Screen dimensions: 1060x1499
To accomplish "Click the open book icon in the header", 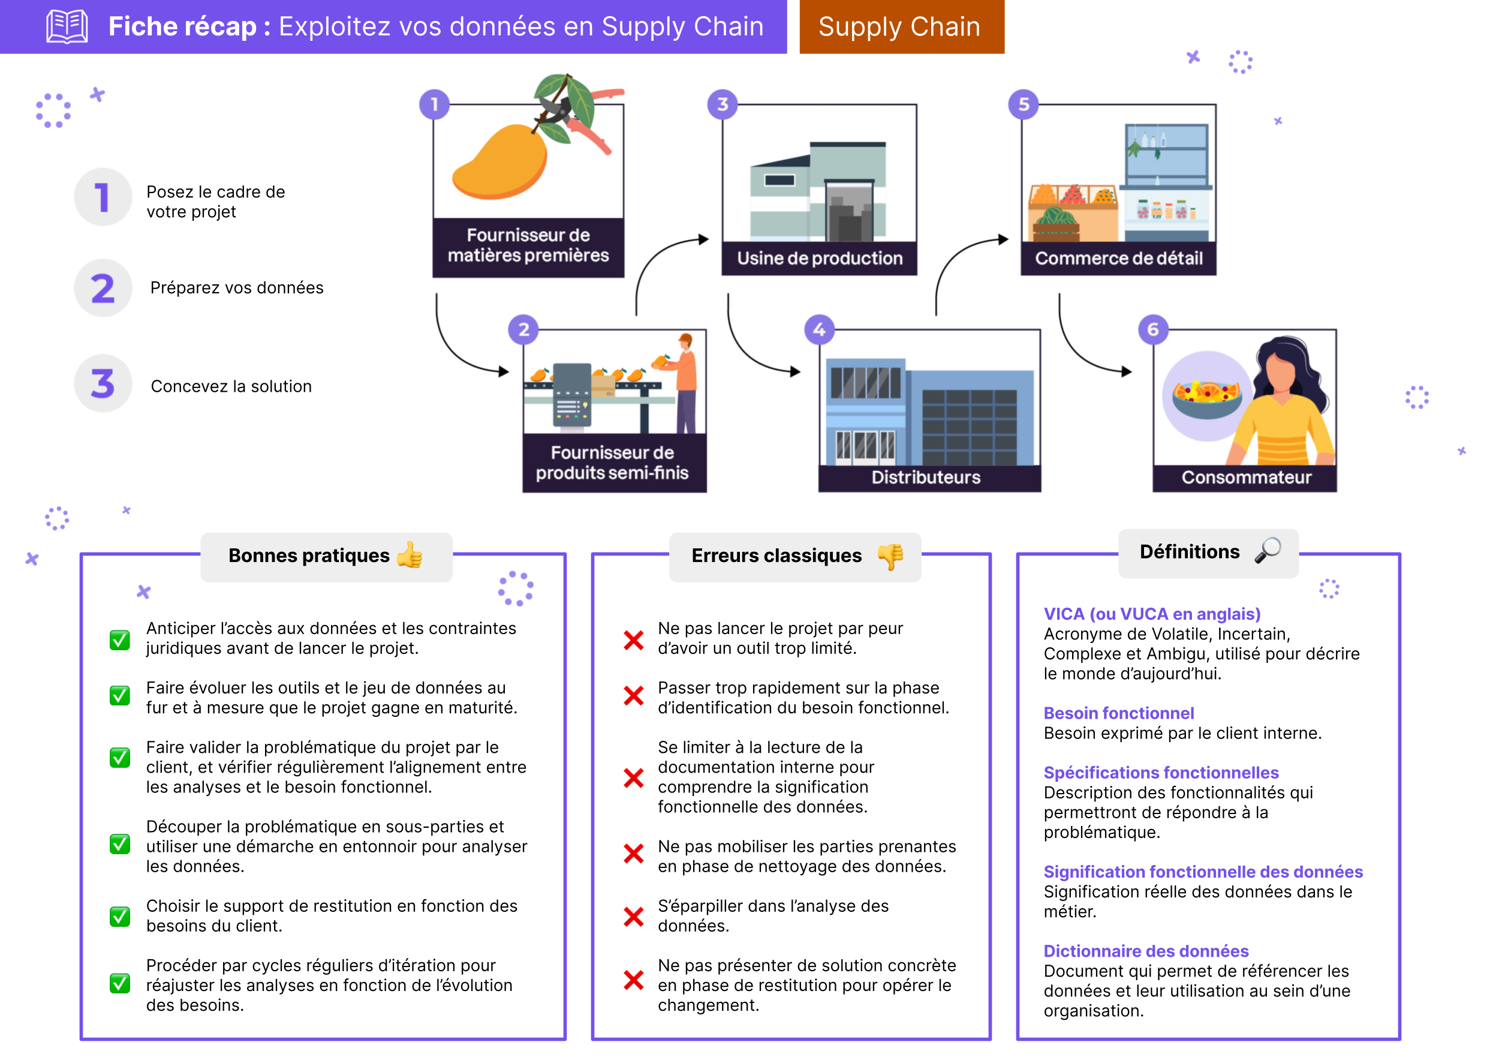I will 67,26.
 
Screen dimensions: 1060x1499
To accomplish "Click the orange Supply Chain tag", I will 901,27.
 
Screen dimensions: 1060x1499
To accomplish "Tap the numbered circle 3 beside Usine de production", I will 722,104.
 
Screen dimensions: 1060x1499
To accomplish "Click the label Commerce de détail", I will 1118,259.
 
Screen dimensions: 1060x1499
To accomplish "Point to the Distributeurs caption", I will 926,478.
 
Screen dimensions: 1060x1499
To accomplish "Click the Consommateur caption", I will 1246,478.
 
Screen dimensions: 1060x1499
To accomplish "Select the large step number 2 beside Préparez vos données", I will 103,288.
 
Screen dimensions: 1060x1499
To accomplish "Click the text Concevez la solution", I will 231,387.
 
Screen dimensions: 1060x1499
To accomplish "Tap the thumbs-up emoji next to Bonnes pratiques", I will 410,556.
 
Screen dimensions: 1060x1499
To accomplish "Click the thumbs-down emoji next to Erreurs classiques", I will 890,556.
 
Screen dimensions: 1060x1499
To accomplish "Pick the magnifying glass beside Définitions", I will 1268,551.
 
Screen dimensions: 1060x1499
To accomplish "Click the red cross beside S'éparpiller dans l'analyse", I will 633,916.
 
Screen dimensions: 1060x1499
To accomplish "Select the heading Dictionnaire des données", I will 1146,951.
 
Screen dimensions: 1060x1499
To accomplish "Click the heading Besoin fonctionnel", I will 1118,713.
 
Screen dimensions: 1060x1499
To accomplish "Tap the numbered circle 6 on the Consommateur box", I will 1153,330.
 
